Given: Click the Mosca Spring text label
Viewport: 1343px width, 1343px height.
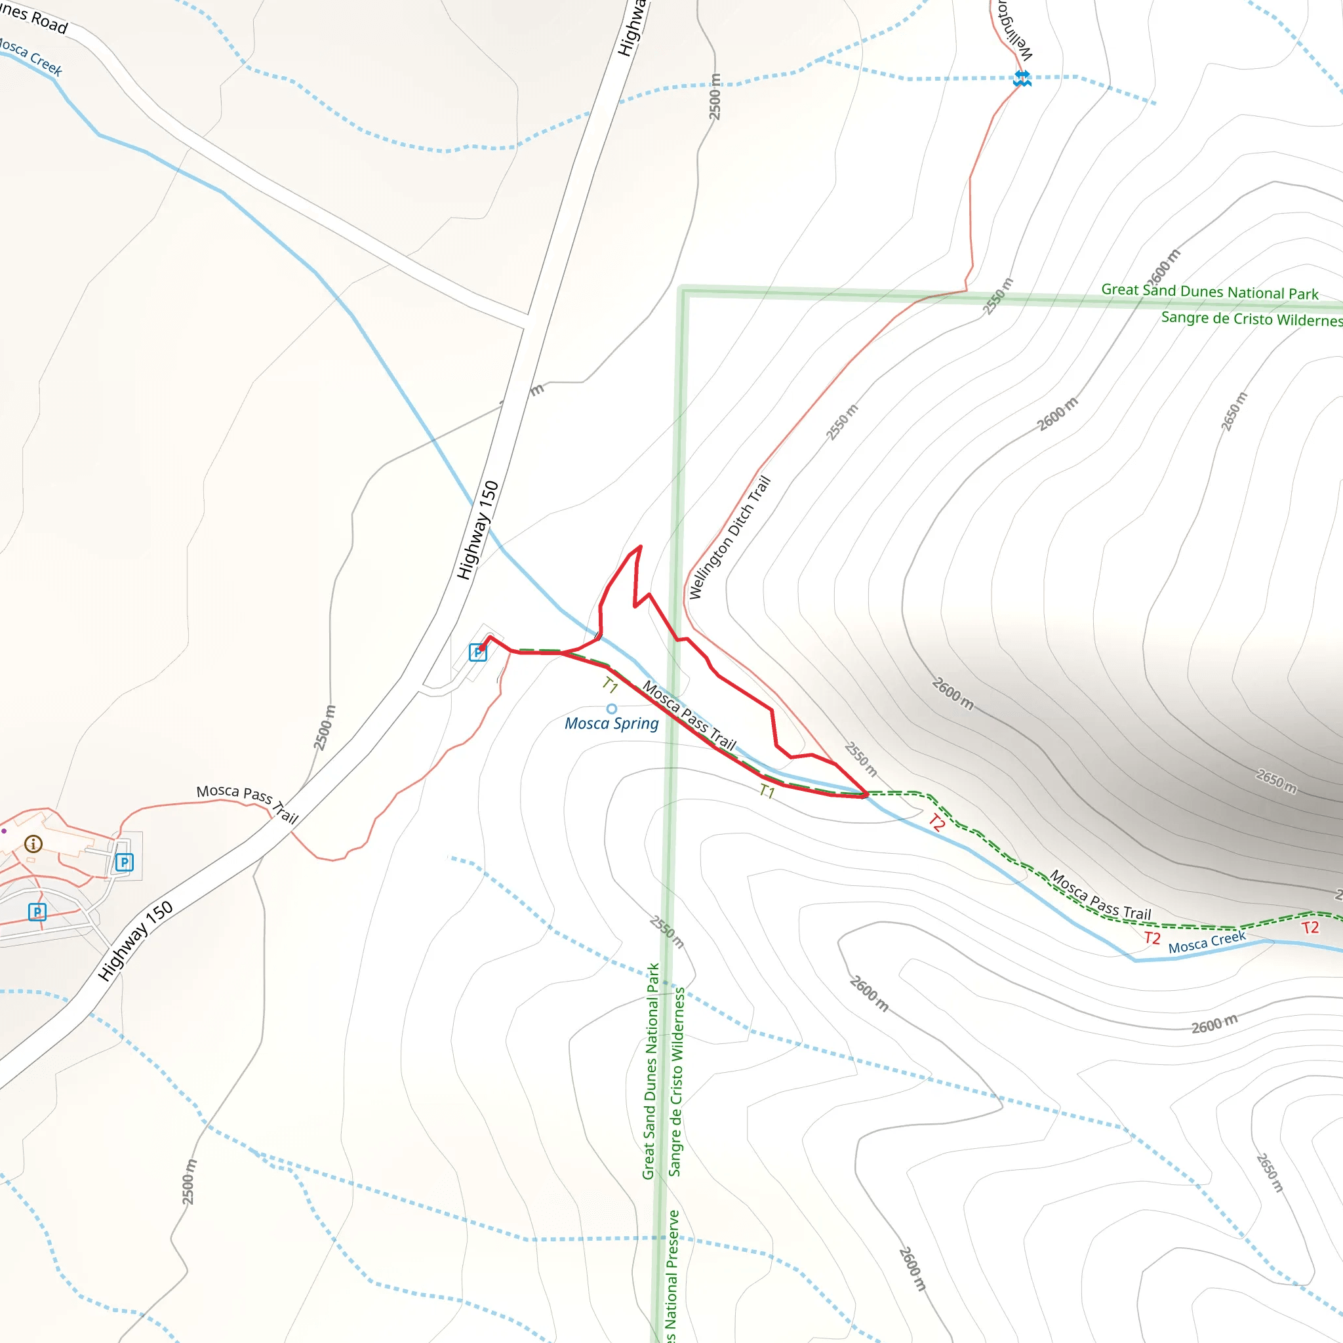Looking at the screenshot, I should (x=611, y=724).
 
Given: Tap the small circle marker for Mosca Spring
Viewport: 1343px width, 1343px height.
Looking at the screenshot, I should (x=612, y=709).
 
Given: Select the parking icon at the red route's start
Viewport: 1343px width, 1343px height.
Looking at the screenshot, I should (x=477, y=652).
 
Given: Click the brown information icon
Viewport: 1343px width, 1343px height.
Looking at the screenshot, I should (x=33, y=844).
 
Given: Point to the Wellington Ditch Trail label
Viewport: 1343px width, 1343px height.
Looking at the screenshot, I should (x=730, y=538).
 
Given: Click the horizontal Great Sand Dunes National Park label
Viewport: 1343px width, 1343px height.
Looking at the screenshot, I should (x=1209, y=292).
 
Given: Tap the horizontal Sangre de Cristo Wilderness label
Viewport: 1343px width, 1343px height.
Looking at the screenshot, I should (x=1251, y=319).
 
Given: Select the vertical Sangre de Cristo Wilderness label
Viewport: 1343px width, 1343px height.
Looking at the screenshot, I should (x=675, y=1081).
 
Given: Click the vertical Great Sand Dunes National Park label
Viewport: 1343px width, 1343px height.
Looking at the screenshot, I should (x=650, y=1070).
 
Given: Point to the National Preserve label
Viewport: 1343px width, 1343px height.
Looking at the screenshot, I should (x=671, y=1275).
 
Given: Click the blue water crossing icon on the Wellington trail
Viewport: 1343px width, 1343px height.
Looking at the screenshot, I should (x=1022, y=78).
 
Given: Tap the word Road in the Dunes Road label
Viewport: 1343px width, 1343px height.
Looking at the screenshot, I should (x=49, y=22).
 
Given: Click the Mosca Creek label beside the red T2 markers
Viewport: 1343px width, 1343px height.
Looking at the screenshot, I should (x=1207, y=942).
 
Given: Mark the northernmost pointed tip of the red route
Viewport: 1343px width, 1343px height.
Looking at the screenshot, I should (x=640, y=546).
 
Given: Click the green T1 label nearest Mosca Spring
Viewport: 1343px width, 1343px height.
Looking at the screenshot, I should (x=610, y=685).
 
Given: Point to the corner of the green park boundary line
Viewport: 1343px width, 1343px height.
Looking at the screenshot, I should (x=683, y=291).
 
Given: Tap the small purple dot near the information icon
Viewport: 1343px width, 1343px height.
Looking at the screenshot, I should (x=4, y=831).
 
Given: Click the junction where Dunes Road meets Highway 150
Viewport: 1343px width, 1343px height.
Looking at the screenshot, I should (x=526, y=321).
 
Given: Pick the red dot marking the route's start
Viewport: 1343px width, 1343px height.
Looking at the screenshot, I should (x=481, y=649).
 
